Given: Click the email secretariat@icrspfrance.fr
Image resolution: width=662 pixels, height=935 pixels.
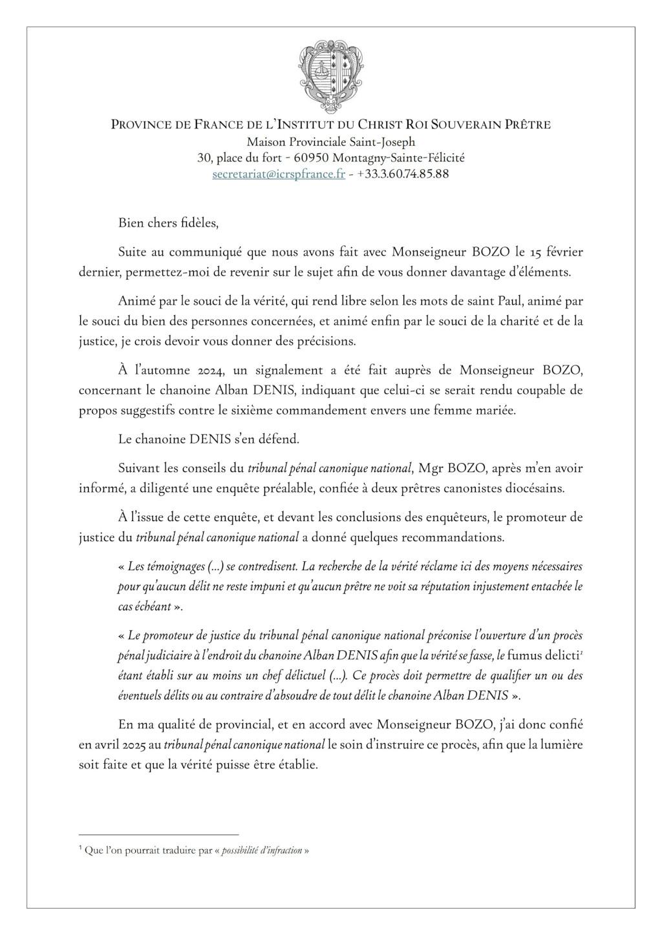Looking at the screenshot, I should (x=279, y=174).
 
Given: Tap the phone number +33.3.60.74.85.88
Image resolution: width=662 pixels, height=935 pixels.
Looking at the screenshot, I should (x=403, y=174).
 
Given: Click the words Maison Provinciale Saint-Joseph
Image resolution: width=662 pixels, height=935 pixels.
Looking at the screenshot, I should (x=330, y=141).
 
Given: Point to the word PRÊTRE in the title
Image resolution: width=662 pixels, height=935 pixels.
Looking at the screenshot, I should (x=525, y=125).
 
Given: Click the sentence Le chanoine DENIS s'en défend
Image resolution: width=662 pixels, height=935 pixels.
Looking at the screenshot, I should (x=209, y=439).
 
